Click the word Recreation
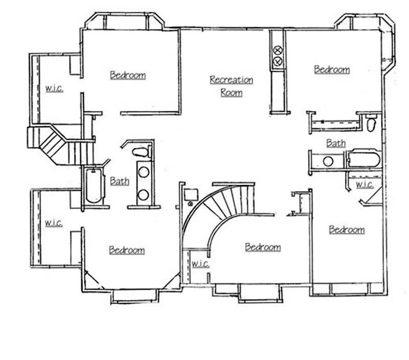tap(231, 80)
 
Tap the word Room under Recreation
tap(231, 93)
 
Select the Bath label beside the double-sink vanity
tap(119, 181)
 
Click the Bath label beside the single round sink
tap(335, 144)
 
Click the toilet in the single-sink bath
tap(371, 123)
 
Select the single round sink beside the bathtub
tap(328, 162)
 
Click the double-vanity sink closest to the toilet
tap(143, 172)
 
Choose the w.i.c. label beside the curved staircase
tap(199, 264)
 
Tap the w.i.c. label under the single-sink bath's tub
tap(364, 185)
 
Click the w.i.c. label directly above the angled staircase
tap(54, 88)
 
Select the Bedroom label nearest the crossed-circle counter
tap(332, 70)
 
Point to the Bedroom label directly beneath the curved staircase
tap(263, 247)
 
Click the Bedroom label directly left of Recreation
tap(128, 75)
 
